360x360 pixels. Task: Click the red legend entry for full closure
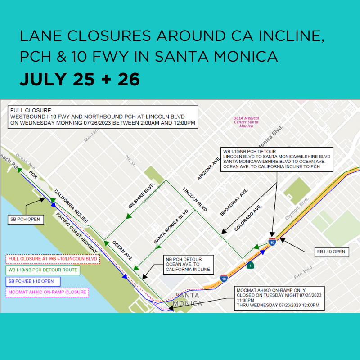pos(53,259)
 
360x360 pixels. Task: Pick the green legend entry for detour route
pos(42,270)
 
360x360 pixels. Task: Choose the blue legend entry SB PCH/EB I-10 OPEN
pos(33,282)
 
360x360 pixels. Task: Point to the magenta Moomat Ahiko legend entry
pos(47,292)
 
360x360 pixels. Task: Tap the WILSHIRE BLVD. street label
pos(141,196)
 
